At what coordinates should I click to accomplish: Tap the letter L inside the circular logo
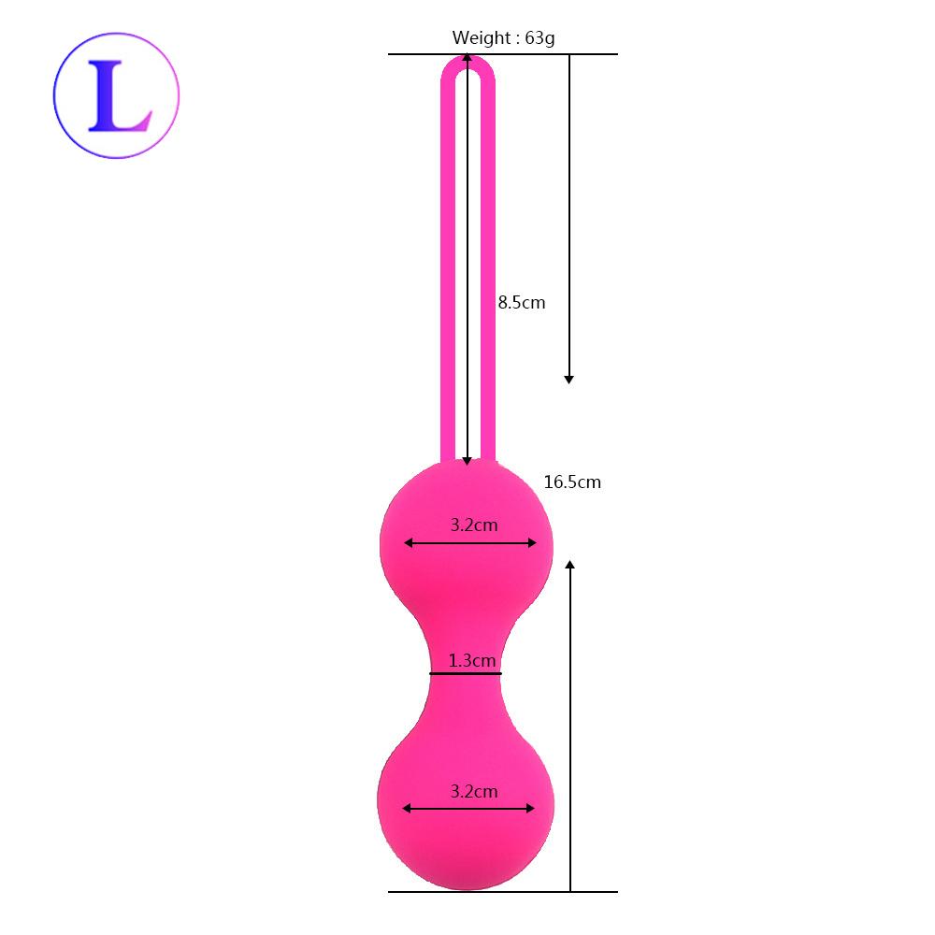(117, 96)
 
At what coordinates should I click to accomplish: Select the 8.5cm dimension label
(521, 303)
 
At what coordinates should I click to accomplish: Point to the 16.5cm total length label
(572, 482)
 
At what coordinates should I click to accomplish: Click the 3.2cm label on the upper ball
(473, 525)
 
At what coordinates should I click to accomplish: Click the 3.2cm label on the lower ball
(473, 792)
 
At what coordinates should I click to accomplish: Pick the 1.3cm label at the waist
(471, 661)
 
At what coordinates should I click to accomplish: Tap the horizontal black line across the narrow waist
(466, 673)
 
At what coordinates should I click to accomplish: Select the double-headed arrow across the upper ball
(469, 543)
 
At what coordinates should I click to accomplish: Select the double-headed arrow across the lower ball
(469, 809)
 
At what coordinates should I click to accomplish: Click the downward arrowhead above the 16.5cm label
(568, 378)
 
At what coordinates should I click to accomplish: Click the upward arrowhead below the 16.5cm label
(569, 566)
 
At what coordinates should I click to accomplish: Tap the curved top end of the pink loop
(467, 60)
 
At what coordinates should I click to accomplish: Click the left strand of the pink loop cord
(447, 280)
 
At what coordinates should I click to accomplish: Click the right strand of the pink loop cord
(489, 280)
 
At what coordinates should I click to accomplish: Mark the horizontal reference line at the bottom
(503, 891)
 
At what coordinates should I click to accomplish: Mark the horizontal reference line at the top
(503, 54)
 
